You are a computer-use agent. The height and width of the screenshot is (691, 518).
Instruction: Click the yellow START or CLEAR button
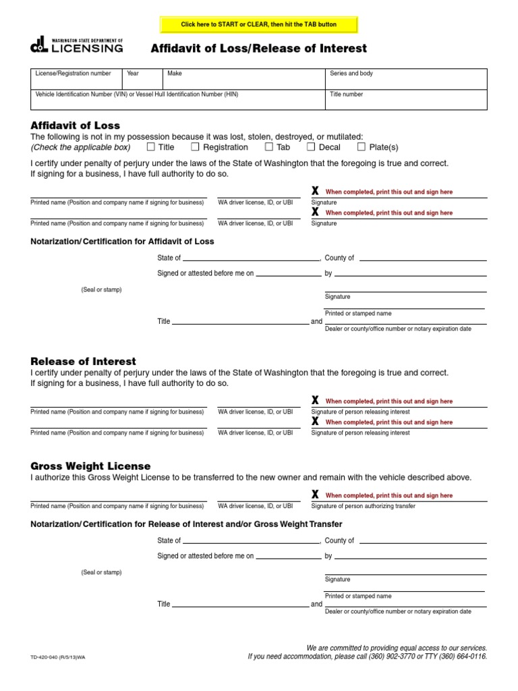point(258,25)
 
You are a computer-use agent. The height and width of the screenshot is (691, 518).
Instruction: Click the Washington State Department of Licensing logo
point(77,45)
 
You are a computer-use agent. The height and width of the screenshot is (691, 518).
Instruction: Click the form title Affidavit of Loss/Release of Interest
point(259,48)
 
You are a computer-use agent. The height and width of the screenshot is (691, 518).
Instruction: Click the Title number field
point(405,100)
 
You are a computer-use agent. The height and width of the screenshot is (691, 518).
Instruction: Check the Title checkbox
point(151,146)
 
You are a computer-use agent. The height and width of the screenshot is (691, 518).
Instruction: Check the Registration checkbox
point(196,146)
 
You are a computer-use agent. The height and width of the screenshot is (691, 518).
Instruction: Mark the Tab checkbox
point(269,146)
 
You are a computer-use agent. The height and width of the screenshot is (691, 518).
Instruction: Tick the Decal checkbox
point(311,146)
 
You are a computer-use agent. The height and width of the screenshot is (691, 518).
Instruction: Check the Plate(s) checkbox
point(362,146)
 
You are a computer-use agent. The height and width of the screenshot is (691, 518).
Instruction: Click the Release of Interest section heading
point(84,362)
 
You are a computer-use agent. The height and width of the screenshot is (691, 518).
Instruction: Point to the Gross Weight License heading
point(90,466)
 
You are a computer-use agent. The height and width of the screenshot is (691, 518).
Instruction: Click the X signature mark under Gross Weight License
point(315,495)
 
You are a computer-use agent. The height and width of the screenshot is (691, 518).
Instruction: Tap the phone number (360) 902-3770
point(387,656)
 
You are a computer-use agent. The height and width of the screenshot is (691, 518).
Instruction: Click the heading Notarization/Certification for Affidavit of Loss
point(122,242)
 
